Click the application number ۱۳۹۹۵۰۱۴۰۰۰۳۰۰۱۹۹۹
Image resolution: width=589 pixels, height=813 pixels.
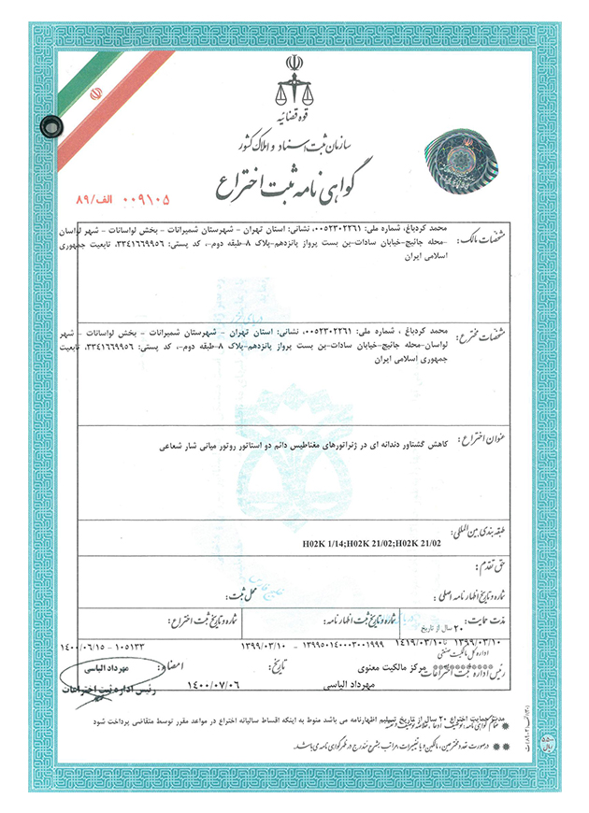[323, 644]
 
